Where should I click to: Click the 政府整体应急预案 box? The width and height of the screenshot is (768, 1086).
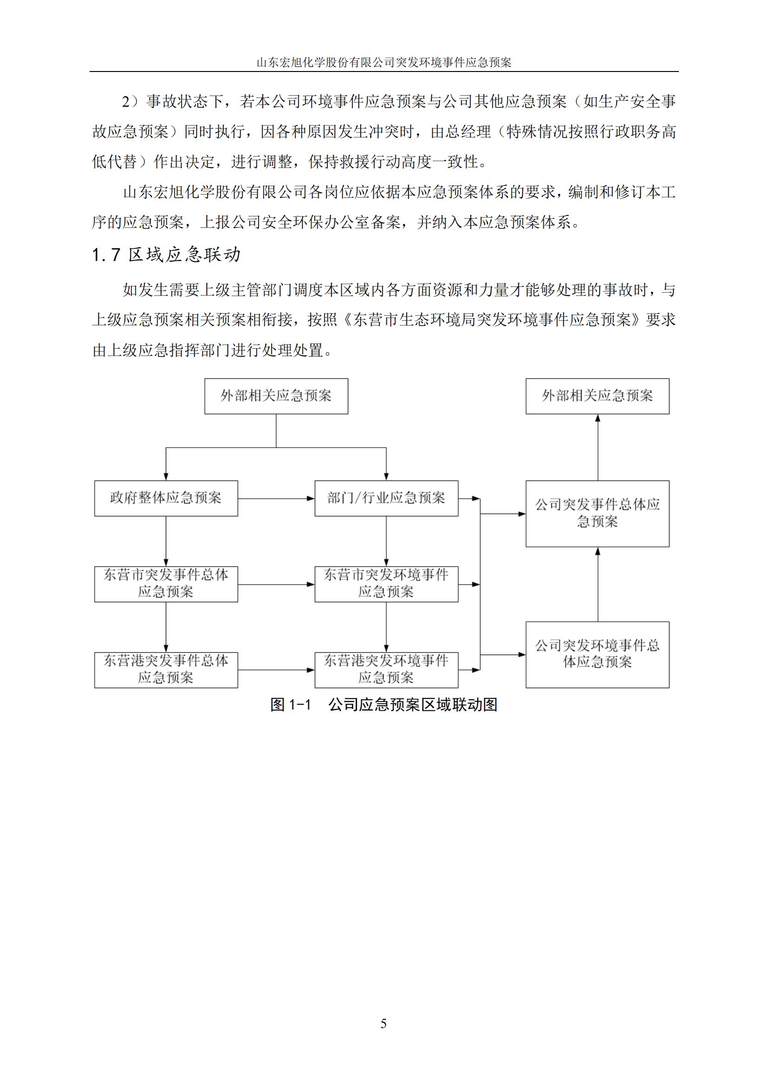point(166,498)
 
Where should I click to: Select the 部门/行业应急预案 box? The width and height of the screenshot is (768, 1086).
point(386,498)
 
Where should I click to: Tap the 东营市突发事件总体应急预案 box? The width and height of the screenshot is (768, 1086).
point(166,584)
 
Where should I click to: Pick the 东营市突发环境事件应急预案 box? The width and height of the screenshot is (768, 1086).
point(386,584)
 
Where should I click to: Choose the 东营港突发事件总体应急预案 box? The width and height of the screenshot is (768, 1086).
point(166,670)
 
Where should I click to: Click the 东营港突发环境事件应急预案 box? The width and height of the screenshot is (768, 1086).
point(386,670)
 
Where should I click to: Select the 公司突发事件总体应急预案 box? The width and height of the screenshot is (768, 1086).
point(597,514)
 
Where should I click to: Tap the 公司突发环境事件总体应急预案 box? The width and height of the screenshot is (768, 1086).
point(597,655)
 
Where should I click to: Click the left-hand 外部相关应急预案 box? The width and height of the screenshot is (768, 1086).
point(276,397)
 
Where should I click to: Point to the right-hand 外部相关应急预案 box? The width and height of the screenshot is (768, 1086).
point(597,397)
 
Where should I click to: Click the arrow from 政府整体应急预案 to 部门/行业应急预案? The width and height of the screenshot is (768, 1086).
point(276,499)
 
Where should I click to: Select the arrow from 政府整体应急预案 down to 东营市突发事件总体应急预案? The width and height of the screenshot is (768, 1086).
point(166,541)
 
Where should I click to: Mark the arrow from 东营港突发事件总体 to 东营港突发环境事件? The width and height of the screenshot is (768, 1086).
point(276,670)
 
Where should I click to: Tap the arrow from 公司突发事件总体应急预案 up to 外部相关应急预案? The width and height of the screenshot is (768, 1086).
point(598,448)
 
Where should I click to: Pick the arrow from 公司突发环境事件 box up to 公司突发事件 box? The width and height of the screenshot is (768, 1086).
point(598,584)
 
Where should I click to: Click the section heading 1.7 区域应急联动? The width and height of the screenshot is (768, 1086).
point(167,255)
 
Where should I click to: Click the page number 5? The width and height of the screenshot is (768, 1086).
point(384,1024)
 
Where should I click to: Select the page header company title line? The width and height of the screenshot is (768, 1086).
point(384,62)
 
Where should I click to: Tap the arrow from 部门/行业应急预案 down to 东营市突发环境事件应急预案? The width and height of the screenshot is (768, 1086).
point(386,541)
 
